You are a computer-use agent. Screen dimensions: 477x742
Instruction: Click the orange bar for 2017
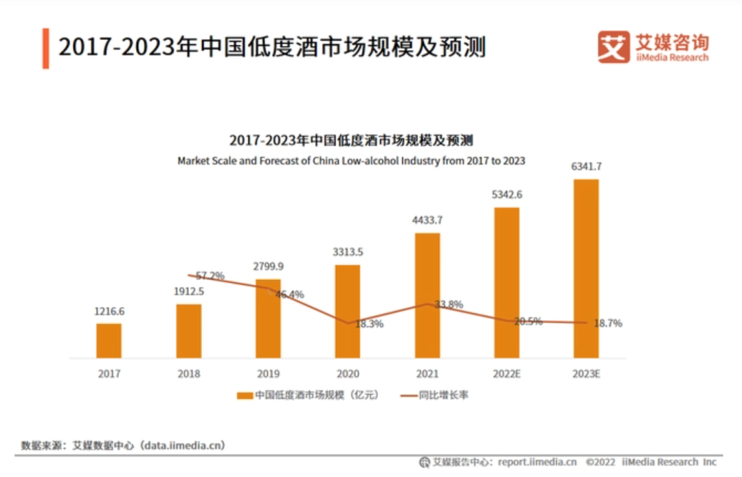(x=109, y=340)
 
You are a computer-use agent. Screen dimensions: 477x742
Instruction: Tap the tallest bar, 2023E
(x=586, y=268)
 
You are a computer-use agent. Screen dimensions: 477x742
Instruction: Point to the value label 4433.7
(x=427, y=220)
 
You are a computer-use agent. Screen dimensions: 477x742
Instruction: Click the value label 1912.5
(x=188, y=291)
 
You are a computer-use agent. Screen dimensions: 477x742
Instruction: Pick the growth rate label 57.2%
(x=210, y=276)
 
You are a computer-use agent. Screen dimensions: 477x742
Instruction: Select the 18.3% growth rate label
(x=370, y=324)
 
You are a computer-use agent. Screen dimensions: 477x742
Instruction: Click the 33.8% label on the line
(x=449, y=305)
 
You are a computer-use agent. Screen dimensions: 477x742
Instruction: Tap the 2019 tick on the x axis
(x=268, y=374)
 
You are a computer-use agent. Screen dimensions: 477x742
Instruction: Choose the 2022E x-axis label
(x=506, y=374)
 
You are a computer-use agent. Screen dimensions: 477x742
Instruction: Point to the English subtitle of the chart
(x=351, y=161)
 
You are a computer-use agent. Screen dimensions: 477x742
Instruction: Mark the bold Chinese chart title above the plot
(x=351, y=141)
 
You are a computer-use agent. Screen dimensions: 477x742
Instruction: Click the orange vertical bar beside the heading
(x=45, y=48)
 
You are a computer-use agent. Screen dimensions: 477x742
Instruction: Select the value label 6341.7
(x=586, y=166)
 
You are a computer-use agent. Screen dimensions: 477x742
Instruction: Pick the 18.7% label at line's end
(x=608, y=323)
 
